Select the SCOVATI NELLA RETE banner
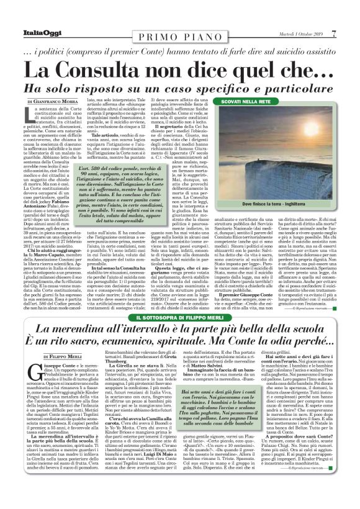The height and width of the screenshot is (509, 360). (277, 100)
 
